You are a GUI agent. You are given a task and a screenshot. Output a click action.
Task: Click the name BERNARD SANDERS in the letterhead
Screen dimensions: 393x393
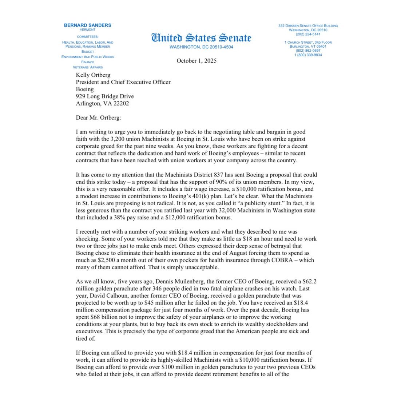coord(87,25)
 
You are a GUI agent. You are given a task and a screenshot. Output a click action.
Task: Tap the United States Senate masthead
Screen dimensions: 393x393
coord(201,38)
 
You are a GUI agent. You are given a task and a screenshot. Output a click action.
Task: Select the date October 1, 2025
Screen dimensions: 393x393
coord(196,61)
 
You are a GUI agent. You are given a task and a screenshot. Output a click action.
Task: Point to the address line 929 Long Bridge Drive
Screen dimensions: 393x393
coord(105,96)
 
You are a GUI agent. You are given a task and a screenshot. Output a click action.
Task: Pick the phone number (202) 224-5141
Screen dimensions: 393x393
coord(308,34)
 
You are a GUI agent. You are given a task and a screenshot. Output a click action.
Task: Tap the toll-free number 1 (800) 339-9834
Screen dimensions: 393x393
coord(308,55)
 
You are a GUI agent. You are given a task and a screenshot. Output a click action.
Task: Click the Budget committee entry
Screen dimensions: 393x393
coord(87,52)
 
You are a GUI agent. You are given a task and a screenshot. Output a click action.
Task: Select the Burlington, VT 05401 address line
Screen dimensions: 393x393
coord(308,47)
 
